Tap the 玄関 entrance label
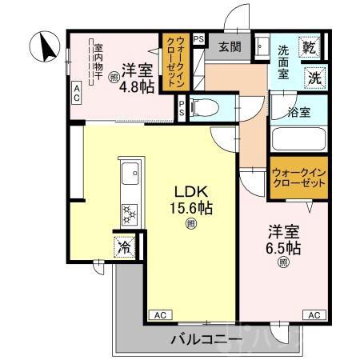click(x=230, y=47)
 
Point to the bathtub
click(x=299, y=138)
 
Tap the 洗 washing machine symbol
click(x=315, y=78)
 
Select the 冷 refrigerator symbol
click(x=124, y=246)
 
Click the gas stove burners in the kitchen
click(x=128, y=213)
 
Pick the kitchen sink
click(x=128, y=171)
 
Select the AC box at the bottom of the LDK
click(x=158, y=314)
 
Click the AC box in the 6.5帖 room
click(x=314, y=314)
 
